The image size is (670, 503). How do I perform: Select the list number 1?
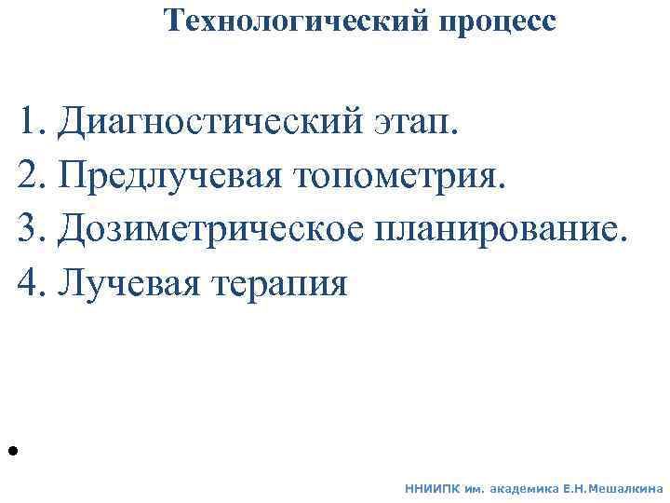click(x=30, y=120)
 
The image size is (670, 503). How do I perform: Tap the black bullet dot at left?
click(x=13, y=451)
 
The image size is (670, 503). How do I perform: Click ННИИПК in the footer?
click(x=431, y=487)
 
